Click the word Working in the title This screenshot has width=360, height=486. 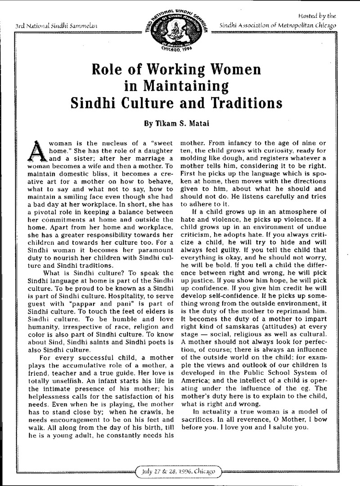(x=182, y=71)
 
